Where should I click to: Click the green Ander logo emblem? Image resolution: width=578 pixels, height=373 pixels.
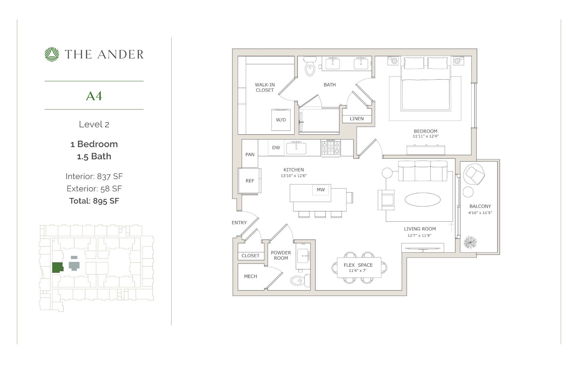click(52, 54)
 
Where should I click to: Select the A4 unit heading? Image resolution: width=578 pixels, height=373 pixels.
click(94, 96)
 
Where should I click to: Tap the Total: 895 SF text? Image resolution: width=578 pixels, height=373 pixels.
click(94, 201)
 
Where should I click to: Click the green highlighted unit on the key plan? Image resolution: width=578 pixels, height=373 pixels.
click(57, 267)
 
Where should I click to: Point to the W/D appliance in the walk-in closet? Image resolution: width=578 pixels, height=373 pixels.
click(281, 120)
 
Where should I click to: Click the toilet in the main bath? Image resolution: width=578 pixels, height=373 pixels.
click(309, 67)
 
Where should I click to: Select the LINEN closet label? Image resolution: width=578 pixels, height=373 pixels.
click(357, 119)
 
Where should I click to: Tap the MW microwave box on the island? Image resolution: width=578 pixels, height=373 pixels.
click(321, 190)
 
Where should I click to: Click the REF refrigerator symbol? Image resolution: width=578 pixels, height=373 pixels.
click(250, 181)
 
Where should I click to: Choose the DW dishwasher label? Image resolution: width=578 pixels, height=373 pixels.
click(276, 148)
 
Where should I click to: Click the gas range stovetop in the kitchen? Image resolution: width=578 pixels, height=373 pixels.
click(331, 148)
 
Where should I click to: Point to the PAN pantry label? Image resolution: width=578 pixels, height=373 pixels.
click(250, 154)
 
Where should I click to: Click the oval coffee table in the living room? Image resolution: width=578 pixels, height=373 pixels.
click(423, 200)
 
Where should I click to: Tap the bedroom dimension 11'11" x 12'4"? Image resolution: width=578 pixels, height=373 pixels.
click(425, 136)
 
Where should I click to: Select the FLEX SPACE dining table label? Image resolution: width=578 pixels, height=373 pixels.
click(358, 265)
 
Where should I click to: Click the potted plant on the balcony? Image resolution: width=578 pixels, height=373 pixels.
click(470, 242)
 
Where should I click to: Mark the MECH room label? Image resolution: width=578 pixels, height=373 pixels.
click(250, 276)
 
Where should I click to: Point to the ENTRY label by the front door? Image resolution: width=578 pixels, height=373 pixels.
click(239, 223)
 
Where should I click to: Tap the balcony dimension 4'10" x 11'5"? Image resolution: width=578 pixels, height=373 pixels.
click(480, 213)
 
